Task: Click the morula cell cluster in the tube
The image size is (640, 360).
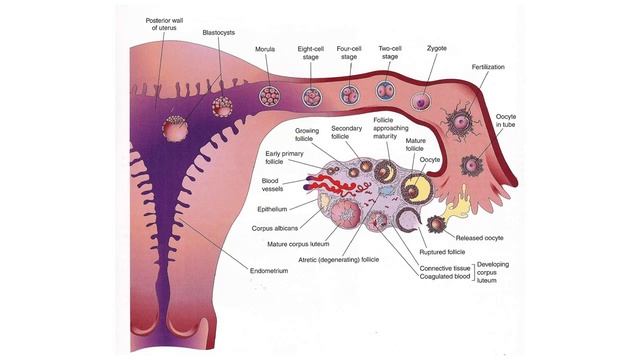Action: coord(269,97)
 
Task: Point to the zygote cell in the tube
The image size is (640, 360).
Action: coord(422,101)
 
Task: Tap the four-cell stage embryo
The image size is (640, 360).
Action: coord(349,96)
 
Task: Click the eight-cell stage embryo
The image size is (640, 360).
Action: coord(310,97)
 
